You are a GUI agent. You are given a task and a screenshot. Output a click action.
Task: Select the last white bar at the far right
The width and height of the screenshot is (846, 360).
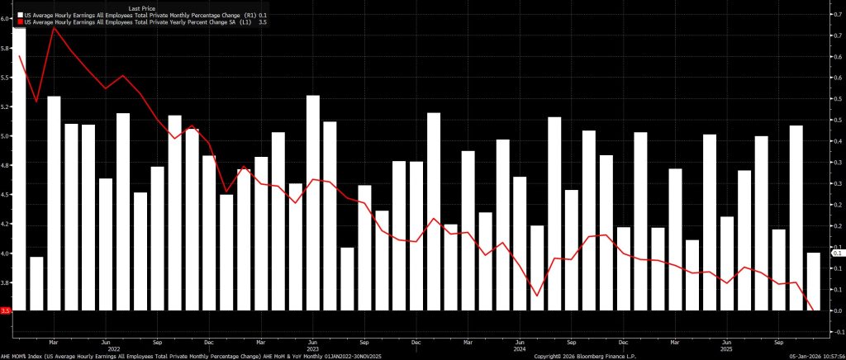point(813,282)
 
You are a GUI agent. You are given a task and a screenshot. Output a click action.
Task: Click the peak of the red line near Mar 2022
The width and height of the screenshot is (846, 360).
point(55,29)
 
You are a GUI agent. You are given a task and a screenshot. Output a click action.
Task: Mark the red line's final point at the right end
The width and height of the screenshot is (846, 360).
point(815,310)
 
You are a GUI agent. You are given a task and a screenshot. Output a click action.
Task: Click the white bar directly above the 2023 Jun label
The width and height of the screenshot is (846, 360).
point(312,203)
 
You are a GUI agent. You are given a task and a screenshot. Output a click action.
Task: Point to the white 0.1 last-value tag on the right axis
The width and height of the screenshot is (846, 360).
point(837,253)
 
